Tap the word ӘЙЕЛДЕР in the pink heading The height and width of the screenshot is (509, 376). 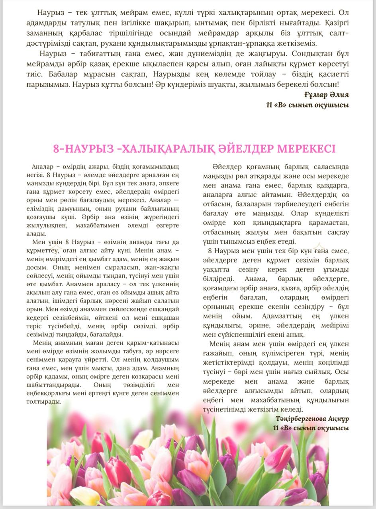coord(246,149)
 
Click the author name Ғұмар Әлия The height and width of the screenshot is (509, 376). coord(326,95)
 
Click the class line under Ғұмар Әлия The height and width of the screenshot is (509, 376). coord(307,105)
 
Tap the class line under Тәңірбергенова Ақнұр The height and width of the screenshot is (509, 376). coord(311,428)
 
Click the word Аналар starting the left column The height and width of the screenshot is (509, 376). coord(42,167)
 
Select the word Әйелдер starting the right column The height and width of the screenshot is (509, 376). coord(226,167)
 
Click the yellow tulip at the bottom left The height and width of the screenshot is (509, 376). coord(84,495)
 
